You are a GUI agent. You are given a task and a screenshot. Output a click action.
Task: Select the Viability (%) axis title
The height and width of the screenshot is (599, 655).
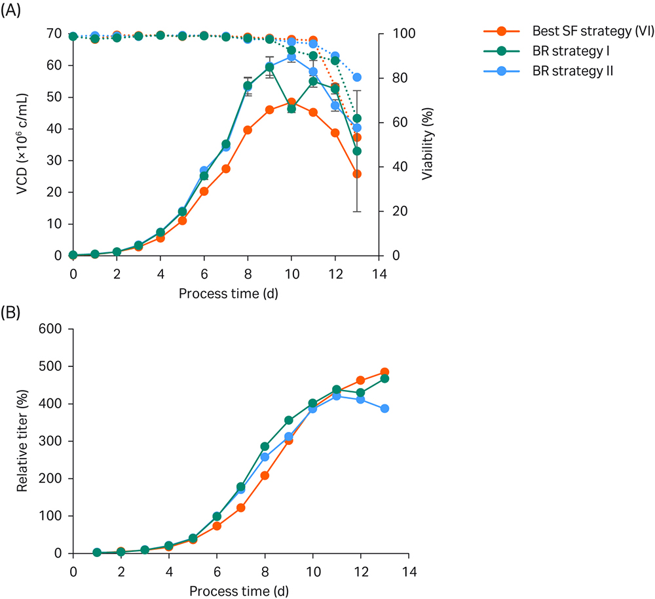click(x=426, y=145)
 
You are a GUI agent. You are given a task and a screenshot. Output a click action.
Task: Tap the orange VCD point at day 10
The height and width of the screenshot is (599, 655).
click(x=291, y=102)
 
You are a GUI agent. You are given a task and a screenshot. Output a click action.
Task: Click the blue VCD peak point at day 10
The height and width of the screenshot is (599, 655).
click(x=291, y=57)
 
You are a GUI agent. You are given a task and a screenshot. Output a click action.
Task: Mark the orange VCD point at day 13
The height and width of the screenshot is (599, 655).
click(x=357, y=174)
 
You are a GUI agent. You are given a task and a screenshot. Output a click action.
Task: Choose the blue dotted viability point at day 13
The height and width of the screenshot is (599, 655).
click(x=357, y=77)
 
